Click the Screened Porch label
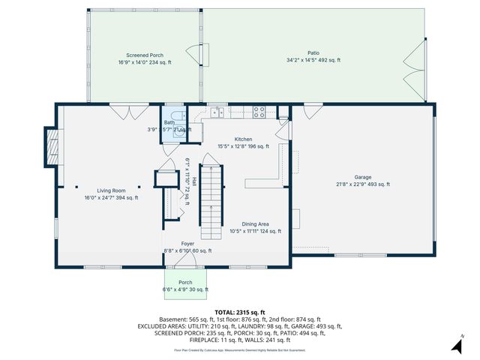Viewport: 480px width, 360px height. pyautogui.click(x=144, y=55)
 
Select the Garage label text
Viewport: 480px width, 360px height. pyautogui.click(x=363, y=177)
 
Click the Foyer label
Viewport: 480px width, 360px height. pyautogui.click(x=187, y=244)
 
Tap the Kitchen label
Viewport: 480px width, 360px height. pyautogui.click(x=243, y=139)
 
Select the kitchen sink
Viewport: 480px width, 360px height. pyautogui.click(x=216, y=113)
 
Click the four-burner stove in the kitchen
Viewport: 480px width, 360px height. pyautogui.click(x=259, y=112)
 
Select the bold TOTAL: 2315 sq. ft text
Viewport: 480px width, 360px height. pyautogui.click(x=240, y=312)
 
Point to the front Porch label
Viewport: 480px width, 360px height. pyautogui.click(x=185, y=283)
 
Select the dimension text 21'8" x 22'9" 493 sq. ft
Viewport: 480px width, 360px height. pyautogui.click(x=363, y=184)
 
